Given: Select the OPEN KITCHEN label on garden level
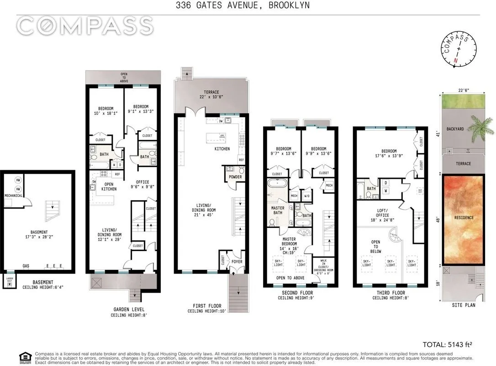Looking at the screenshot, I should pos(109,186).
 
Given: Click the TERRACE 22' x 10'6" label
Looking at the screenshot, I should pos(211,95).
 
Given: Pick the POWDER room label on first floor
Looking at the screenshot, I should pos(236,177).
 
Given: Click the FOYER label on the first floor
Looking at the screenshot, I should pos(237,262).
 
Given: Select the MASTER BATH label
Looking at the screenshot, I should pos(278,210).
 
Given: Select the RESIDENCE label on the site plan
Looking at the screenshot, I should pos(464,218).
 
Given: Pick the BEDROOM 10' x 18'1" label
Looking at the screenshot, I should pos(104,111).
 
